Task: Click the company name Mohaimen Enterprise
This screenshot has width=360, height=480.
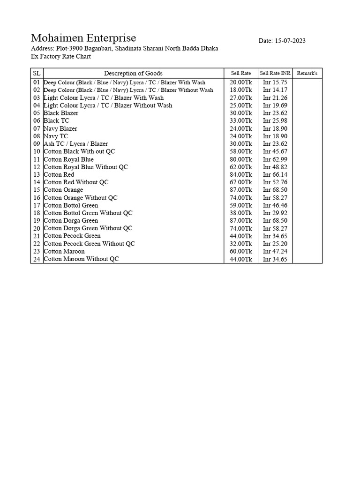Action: coord(83,38)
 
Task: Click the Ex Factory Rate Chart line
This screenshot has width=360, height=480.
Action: coord(61,57)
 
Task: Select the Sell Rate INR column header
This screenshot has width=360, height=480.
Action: coord(275,74)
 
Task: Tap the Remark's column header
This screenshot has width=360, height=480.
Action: coord(307,74)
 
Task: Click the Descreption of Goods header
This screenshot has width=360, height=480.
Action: coord(133,73)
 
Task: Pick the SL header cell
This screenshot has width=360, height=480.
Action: coord(37,73)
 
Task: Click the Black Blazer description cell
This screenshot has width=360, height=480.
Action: coord(61,113)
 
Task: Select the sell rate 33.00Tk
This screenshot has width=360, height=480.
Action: coord(241,121)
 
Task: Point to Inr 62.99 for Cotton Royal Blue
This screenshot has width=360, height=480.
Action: coord(275,159)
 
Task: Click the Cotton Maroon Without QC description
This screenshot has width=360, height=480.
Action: coord(81,259)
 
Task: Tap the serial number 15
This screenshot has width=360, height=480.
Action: coord(37,190)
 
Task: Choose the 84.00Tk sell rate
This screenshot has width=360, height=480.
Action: coord(241,175)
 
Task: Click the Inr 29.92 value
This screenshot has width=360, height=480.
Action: coord(275,213)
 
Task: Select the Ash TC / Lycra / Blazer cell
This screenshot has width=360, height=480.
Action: coord(75,144)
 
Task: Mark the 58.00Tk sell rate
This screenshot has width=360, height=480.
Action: coord(241,151)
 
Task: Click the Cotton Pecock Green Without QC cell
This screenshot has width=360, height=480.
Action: coord(89,244)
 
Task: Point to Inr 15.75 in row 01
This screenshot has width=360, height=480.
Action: coord(275,82)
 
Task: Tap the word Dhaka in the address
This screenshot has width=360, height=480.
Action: coord(209,49)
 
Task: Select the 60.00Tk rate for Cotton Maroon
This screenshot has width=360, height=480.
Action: coord(241,251)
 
